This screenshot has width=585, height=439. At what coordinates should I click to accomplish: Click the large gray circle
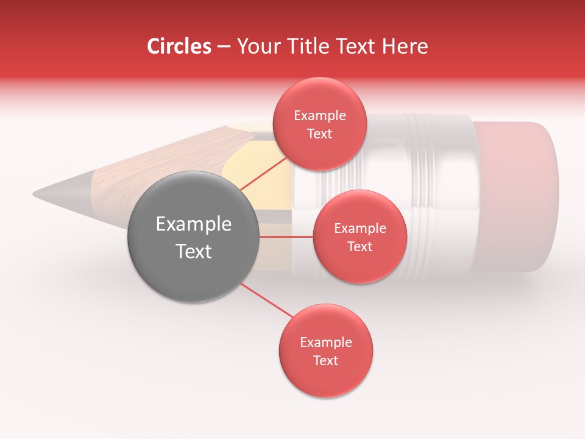click(193, 237)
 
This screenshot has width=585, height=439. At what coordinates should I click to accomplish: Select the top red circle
click(319, 124)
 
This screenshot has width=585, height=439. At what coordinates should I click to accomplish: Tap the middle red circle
click(360, 237)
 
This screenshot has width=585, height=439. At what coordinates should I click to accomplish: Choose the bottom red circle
click(325, 351)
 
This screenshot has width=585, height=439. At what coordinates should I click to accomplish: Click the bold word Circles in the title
click(179, 46)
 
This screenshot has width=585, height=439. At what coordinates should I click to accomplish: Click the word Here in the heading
click(405, 46)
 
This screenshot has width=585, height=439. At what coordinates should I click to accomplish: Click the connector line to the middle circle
click(286, 237)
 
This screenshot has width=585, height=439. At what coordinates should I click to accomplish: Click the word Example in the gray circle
click(193, 224)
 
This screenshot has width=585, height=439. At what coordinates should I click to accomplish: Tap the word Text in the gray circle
click(193, 251)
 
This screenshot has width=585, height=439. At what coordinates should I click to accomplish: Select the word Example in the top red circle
click(319, 116)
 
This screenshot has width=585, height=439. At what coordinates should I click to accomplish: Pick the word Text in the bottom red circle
click(325, 360)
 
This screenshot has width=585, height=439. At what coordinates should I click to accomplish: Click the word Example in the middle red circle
click(360, 229)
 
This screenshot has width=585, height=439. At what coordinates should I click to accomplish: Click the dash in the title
click(223, 46)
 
